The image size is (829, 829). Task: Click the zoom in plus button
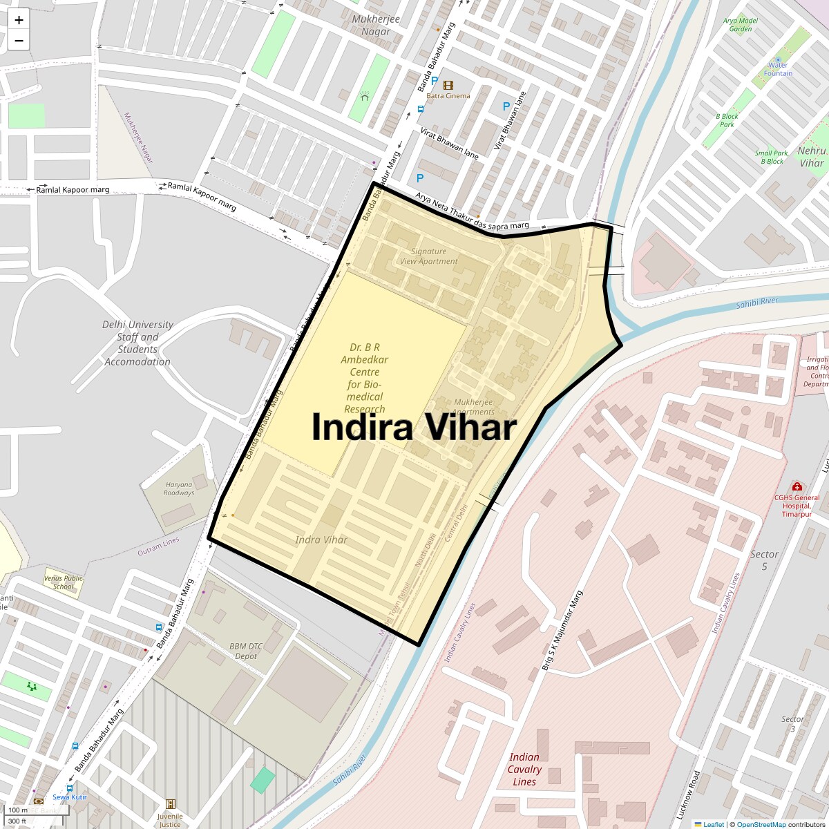tap(19, 20)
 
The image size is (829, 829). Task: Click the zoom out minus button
tap(19, 41)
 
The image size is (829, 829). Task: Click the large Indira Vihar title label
tap(414, 428)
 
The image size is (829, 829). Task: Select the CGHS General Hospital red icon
tap(797, 486)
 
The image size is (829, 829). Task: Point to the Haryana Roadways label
tap(179, 489)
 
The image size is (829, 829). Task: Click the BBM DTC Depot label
tap(247, 651)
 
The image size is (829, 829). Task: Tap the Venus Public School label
tap(63, 582)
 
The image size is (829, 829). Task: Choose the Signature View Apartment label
tap(428, 256)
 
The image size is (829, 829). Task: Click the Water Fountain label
tap(779, 69)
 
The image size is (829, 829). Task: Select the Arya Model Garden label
tap(741, 25)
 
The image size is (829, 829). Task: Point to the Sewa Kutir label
tap(70, 797)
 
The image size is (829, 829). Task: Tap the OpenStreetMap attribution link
tap(761, 824)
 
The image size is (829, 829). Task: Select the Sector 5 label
tap(764, 560)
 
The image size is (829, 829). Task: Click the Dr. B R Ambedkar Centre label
tap(364, 378)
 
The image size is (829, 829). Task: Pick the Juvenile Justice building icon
tap(171, 804)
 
